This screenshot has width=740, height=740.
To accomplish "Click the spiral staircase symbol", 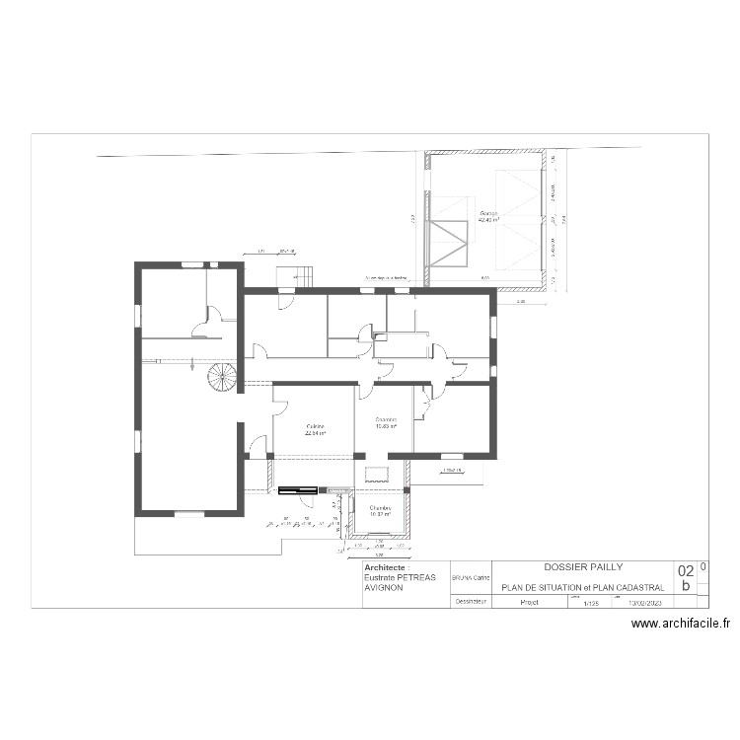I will coord(223,378).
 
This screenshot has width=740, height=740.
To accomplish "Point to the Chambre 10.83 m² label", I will coord(385,423).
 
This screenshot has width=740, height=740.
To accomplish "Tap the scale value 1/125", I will coord(592,602).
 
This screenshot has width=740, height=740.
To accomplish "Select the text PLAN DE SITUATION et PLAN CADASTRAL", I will coord(582,587).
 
